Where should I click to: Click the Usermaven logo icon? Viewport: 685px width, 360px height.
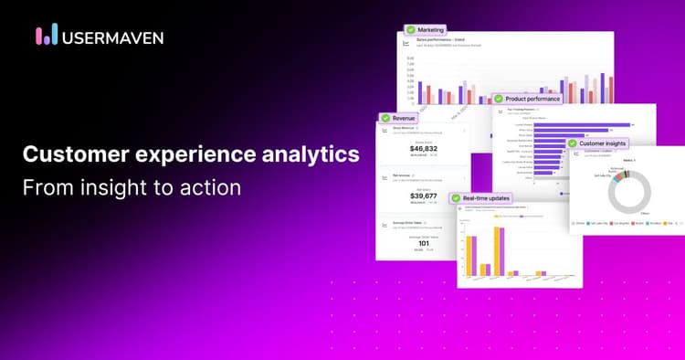point(47,36)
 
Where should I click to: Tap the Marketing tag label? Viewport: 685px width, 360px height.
point(432,30)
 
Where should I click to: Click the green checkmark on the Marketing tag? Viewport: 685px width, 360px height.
point(411,30)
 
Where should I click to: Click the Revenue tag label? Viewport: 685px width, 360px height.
point(405,118)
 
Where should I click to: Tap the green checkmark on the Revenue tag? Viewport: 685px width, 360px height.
point(385,118)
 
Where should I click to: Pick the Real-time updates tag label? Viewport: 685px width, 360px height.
point(486,197)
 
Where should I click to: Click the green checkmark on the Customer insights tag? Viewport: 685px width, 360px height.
point(573,143)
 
